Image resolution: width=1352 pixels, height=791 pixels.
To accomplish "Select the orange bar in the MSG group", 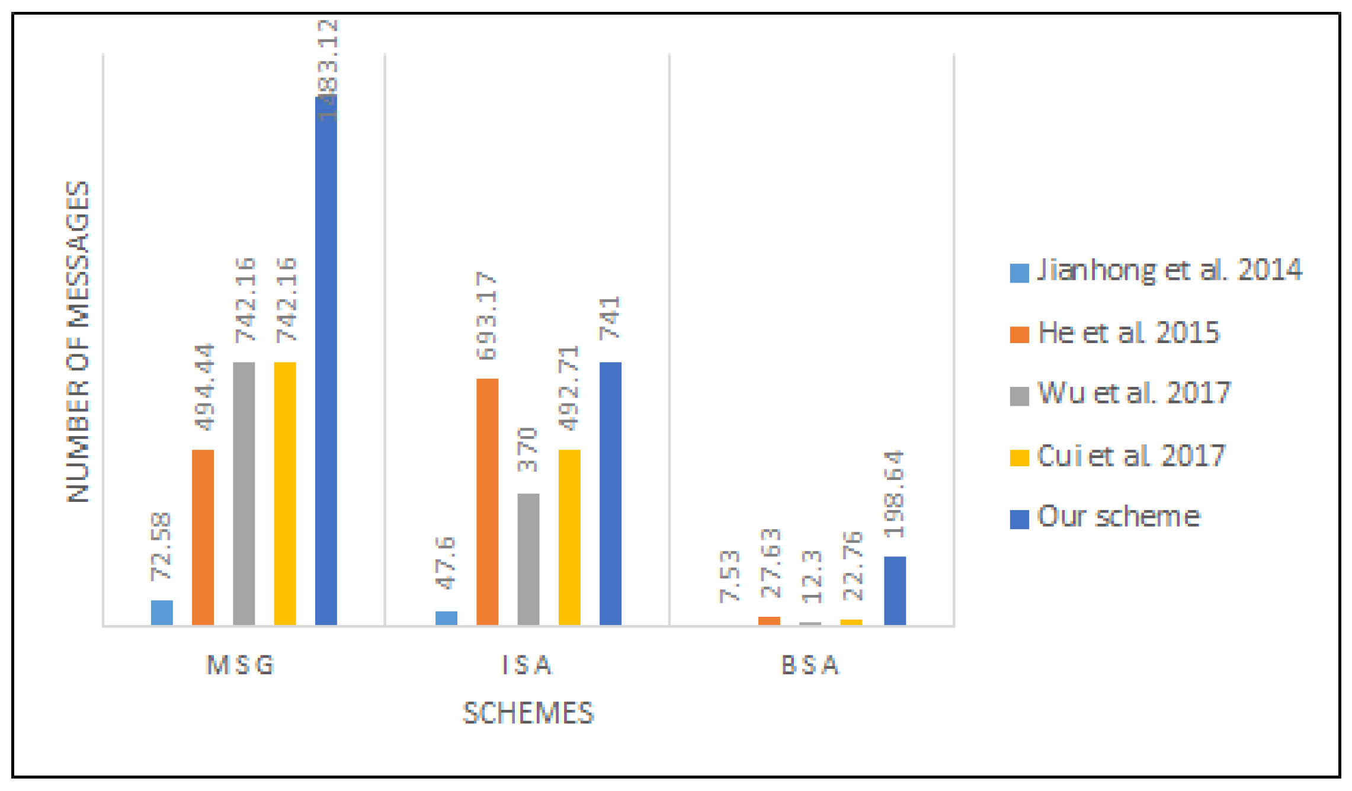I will (203, 537).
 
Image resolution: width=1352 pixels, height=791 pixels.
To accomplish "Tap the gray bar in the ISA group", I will (528, 559).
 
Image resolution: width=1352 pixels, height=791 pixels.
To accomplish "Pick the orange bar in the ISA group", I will (487, 501).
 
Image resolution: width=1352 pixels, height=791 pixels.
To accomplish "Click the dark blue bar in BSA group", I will (895, 590).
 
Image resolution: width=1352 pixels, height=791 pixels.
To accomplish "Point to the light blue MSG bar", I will (162, 612).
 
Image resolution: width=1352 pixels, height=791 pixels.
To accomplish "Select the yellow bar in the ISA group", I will (569, 537).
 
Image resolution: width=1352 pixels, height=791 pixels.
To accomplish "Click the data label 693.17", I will (487, 316).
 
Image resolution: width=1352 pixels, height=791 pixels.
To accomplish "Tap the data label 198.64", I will (895, 494).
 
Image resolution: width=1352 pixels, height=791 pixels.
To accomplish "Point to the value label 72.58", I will (161, 546).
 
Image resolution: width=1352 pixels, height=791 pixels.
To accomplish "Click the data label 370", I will (527, 449).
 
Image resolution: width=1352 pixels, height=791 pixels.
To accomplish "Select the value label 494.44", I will (204, 387).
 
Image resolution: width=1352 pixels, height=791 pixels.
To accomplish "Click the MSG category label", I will (241, 665).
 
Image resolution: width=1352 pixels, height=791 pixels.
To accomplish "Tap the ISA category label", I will (527, 665).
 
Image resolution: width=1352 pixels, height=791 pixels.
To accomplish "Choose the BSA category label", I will (810, 665).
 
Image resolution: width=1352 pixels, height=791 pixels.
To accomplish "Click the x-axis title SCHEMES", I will (528, 713).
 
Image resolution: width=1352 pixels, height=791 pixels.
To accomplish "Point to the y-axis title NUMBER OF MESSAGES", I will (78, 342).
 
